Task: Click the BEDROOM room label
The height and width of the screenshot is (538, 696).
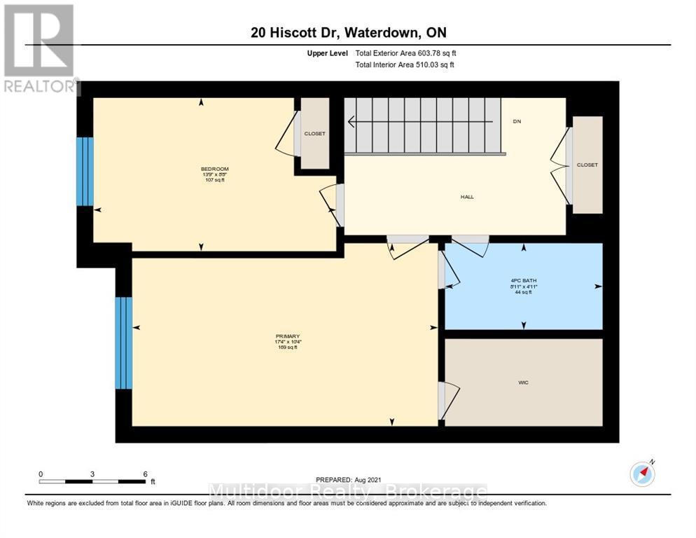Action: pyautogui.click(x=214, y=169)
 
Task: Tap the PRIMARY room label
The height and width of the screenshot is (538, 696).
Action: pyautogui.click(x=288, y=336)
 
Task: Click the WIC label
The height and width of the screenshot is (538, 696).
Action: pyautogui.click(x=523, y=382)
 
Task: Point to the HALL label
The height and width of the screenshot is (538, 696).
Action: pyautogui.click(x=466, y=197)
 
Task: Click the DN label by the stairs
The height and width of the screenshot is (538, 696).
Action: pyautogui.click(x=517, y=121)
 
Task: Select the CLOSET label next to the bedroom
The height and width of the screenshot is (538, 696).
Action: pyautogui.click(x=314, y=133)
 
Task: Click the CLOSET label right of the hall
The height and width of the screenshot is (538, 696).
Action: pyautogui.click(x=587, y=165)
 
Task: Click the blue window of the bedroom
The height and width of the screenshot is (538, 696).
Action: pyautogui.click(x=84, y=172)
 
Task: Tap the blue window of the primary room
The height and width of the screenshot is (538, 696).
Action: pyautogui.click(x=123, y=343)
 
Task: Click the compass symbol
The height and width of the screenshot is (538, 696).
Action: pyautogui.click(x=641, y=474)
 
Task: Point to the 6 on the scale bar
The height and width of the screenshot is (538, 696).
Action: pyautogui.click(x=144, y=474)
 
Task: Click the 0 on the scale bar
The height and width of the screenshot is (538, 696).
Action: pyautogui.click(x=41, y=474)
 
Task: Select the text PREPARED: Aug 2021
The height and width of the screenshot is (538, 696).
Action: pyautogui.click(x=347, y=480)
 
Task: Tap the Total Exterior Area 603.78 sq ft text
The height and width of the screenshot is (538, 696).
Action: pyautogui.click(x=405, y=53)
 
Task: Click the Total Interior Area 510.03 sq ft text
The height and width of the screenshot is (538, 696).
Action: pyautogui.click(x=405, y=64)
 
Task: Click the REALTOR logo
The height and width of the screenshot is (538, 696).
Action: pyautogui.click(x=39, y=49)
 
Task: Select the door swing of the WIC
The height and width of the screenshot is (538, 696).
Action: pyautogui.click(x=450, y=401)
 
